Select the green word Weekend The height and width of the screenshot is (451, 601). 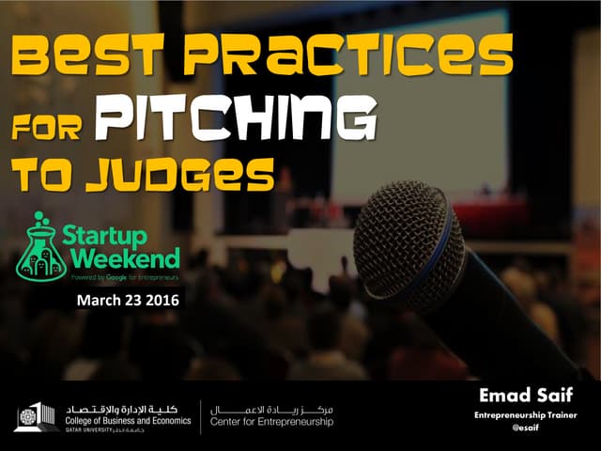119,257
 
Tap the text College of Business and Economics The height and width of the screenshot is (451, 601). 129,421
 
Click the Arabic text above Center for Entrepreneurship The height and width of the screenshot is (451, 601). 271,410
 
